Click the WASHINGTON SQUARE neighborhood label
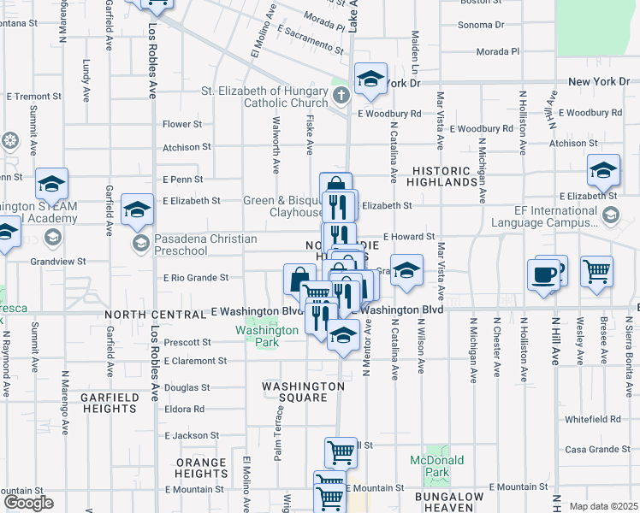coord(303,392)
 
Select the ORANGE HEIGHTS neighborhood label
coord(202,468)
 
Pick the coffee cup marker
coord(545,275)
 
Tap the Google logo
coord(28,502)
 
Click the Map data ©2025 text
coord(603,506)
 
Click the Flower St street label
coord(182,124)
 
